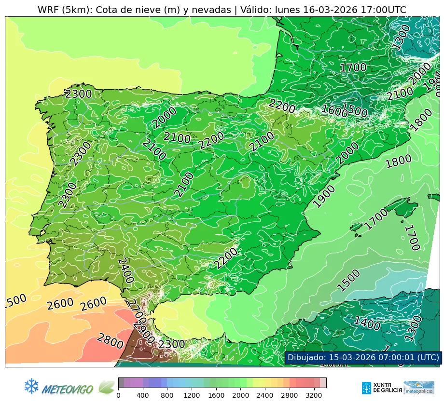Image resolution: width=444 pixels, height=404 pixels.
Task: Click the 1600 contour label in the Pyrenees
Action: click(334, 110)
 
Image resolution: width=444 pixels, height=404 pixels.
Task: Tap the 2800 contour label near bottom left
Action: click(110, 341)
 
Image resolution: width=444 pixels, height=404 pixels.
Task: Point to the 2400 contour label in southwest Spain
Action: click(125, 270)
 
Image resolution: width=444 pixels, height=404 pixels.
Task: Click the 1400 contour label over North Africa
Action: click(367, 323)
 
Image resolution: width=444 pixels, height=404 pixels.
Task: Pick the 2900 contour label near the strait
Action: click(144, 333)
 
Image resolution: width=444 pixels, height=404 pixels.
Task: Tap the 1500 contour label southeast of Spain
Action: click(348, 281)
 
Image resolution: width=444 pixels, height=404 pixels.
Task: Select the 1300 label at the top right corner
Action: click(401, 37)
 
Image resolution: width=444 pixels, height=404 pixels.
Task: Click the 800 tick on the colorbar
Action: click(167, 395)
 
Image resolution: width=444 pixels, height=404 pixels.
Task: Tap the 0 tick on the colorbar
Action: click(118, 395)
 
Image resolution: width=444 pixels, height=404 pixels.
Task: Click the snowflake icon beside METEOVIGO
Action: click(31, 386)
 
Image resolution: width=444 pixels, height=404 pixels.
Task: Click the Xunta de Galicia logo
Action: click(382, 387)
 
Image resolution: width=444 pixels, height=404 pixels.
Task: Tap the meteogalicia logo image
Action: click(419, 387)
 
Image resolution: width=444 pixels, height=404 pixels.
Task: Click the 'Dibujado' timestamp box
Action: click(362, 357)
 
